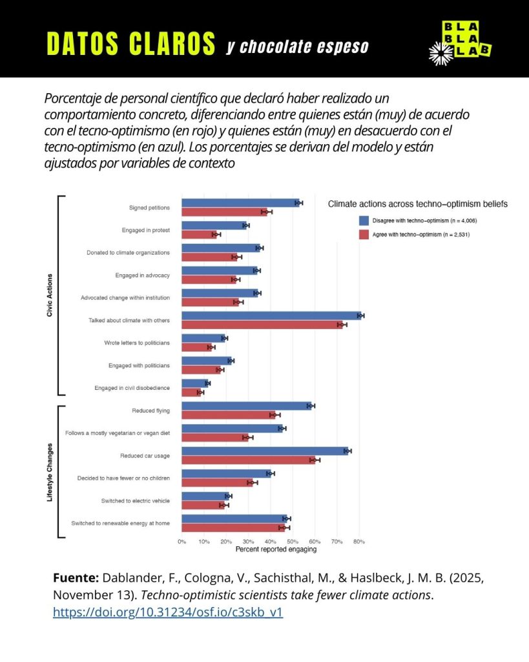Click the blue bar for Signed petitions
tap(239, 203)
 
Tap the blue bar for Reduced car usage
tap(265, 451)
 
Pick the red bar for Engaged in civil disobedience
tap(191, 392)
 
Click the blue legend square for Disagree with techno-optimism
tap(364, 220)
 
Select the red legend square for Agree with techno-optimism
tap(364, 234)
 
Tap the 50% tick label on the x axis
tap(292, 541)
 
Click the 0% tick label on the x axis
tap(182, 541)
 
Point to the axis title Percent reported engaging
tap(276, 550)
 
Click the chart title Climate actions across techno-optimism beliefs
tap(417, 204)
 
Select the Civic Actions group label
tap(50, 295)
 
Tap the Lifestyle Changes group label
tap(50, 472)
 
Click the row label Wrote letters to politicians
tap(136, 342)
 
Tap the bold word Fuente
tap(76, 578)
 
